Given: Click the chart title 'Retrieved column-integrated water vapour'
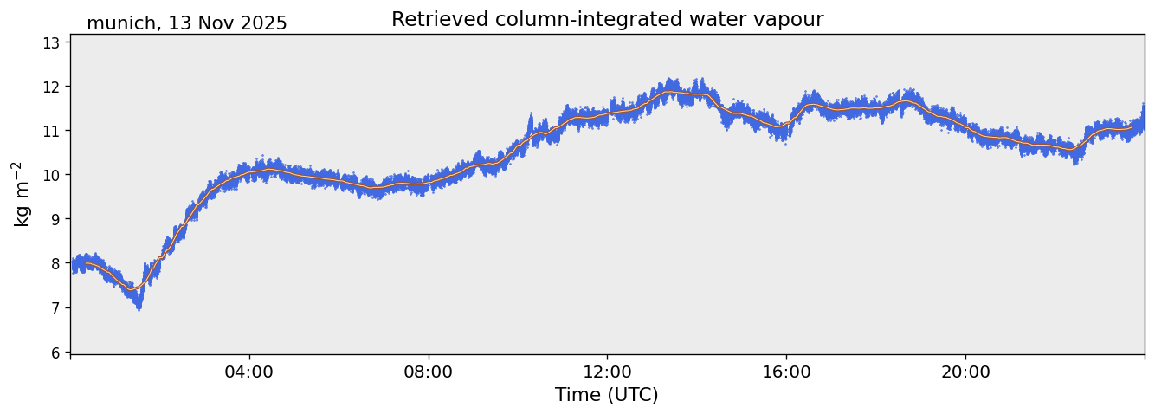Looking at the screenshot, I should click(607, 19).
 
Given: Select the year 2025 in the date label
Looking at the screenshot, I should click(263, 24).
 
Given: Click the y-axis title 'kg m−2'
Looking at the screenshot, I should click(22, 193).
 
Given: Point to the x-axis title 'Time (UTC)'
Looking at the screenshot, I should click(606, 395).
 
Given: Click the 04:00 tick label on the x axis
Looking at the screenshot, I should click(249, 372).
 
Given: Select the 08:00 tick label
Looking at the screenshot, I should click(429, 372).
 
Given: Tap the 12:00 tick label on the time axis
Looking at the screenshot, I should click(607, 372).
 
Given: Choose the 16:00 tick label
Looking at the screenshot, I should click(786, 372).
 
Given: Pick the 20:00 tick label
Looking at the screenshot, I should click(965, 372).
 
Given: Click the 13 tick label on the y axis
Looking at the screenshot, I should click(53, 42).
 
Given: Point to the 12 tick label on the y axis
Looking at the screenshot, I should click(53, 87).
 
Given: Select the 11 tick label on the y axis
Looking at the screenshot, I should click(53, 131).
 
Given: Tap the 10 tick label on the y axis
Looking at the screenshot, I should click(53, 175).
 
